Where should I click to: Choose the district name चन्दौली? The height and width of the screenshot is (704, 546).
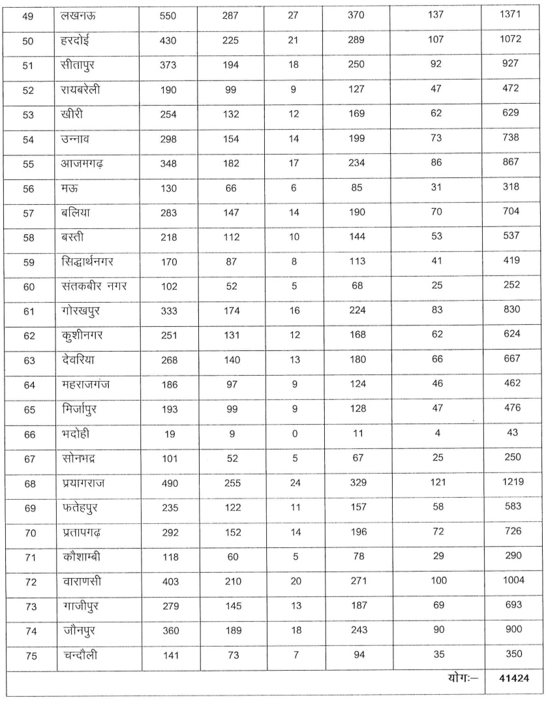(x=76, y=652)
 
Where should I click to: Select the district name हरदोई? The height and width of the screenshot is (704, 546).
(x=74, y=40)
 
